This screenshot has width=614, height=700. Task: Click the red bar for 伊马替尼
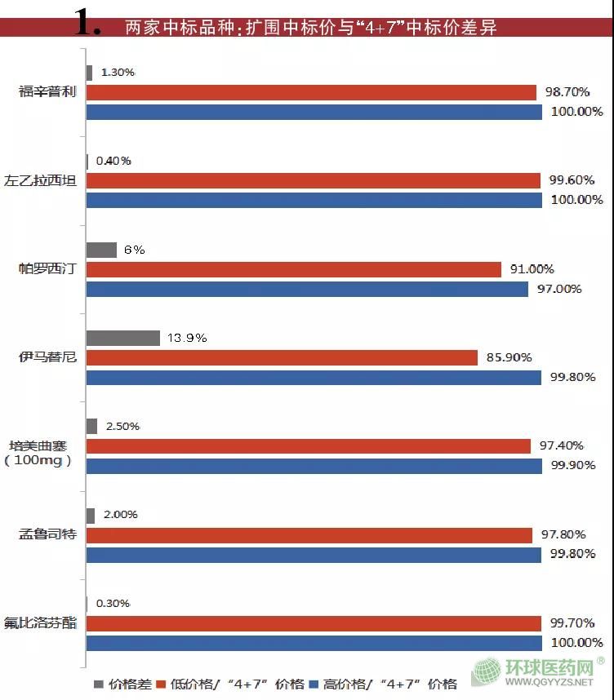click(x=282, y=357)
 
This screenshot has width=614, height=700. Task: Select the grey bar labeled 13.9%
click(x=122, y=338)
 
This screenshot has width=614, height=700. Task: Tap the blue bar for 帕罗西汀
click(x=307, y=289)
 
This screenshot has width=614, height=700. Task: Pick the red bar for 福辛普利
click(x=311, y=92)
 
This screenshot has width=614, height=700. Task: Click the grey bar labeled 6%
click(x=101, y=250)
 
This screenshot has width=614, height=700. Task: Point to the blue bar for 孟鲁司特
click(x=314, y=555)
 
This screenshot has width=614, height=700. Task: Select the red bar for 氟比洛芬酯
click(x=314, y=623)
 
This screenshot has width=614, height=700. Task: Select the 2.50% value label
click(x=122, y=426)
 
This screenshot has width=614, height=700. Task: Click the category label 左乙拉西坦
click(x=47, y=180)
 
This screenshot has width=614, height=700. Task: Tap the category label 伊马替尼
click(x=47, y=357)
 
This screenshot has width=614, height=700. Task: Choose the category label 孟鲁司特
click(x=47, y=534)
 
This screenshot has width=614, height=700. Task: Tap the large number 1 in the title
click(x=87, y=25)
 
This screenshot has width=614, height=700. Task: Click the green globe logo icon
click(x=487, y=674)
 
